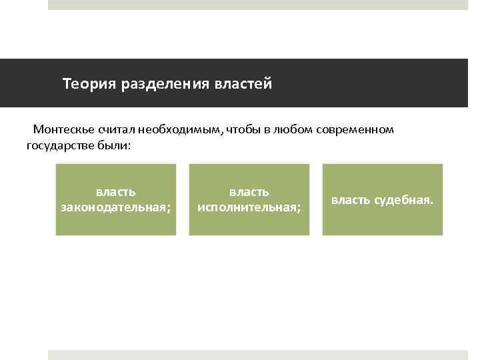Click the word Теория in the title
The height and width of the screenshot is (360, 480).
(89, 85)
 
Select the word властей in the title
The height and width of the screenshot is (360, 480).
(243, 85)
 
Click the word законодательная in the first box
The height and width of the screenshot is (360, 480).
(116, 208)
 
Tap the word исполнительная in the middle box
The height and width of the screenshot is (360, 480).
(249, 208)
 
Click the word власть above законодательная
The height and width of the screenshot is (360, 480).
(116, 192)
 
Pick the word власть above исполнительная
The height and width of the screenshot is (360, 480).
(249, 192)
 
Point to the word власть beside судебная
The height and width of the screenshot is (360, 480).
(351, 199)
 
